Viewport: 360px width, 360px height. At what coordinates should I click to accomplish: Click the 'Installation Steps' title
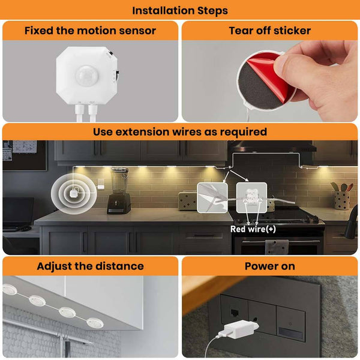tap(180, 10)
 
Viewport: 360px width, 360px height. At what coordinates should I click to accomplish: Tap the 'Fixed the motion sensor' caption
tap(90, 31)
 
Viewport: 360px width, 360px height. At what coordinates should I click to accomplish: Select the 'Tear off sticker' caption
tap(269, 31)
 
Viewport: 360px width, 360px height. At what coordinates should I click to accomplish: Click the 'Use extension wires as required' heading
tap(180, 131)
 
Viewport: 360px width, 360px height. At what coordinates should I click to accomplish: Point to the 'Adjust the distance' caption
tap(90, 266)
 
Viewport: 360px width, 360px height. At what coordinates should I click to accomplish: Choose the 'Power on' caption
tap(269, 266)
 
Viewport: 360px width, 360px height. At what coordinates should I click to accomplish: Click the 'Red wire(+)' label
tap(253, 229)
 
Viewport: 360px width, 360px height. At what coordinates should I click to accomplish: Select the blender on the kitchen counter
tap(119, 191)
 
